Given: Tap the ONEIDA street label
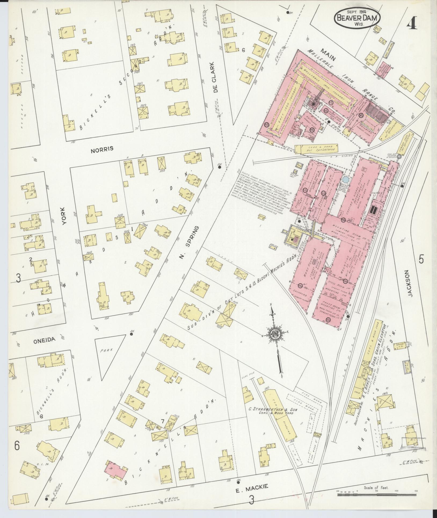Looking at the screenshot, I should pos(44,340).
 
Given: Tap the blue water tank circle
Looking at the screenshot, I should pos(346,179).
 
